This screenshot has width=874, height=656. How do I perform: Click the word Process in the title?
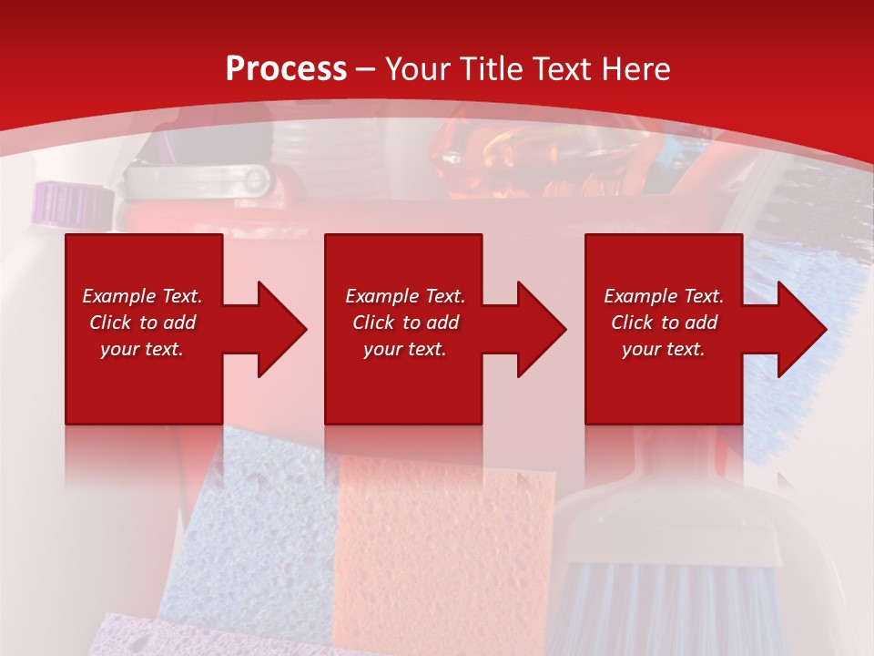click(286, 69)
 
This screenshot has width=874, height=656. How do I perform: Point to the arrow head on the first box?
click(278, 329)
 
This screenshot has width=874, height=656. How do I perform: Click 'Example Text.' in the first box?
click(142, 296)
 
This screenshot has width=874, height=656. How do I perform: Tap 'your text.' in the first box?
click(142, 349)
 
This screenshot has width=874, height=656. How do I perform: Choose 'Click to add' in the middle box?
click(405, 323)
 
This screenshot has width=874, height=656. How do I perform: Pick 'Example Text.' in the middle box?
click(405, 296)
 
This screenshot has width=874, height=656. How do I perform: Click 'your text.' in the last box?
click(664, 349)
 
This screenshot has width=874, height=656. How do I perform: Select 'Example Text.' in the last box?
click(664, 296)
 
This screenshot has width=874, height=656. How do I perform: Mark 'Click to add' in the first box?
click(142, 323)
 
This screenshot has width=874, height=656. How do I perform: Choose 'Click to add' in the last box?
click(664, 323)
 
